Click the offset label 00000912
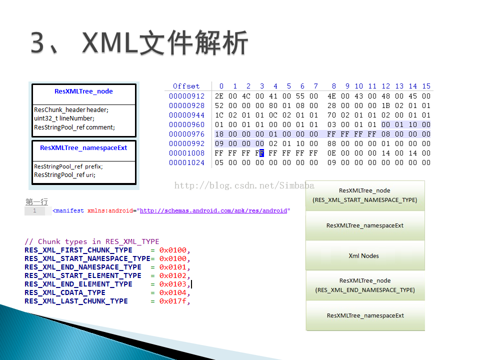tap(186, 96)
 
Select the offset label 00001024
tap(186, 162)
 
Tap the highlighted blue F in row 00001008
tap(261, 153)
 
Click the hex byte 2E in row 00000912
tap(219, 96)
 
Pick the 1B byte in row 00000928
tap(385, 105)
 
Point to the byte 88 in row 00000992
tap(332, 143)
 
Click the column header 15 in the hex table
tap(426, 86)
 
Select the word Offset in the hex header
tap(186, 86)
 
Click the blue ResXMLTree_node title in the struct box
tap(83, 91)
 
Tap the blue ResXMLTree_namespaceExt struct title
tap(83, 148)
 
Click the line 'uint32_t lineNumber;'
tap(64, 118)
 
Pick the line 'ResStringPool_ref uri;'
tap(64, 175)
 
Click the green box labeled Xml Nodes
tap(365, 255)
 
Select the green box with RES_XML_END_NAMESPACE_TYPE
tap(365, 285)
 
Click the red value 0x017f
tap(172, 301)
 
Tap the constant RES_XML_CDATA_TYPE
tap(65, 292)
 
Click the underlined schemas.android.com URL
tap(213, 210)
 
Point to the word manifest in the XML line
tap(69, 210)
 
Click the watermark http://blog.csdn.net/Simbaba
tap(244, 185)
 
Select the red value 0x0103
tap(172, 284)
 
